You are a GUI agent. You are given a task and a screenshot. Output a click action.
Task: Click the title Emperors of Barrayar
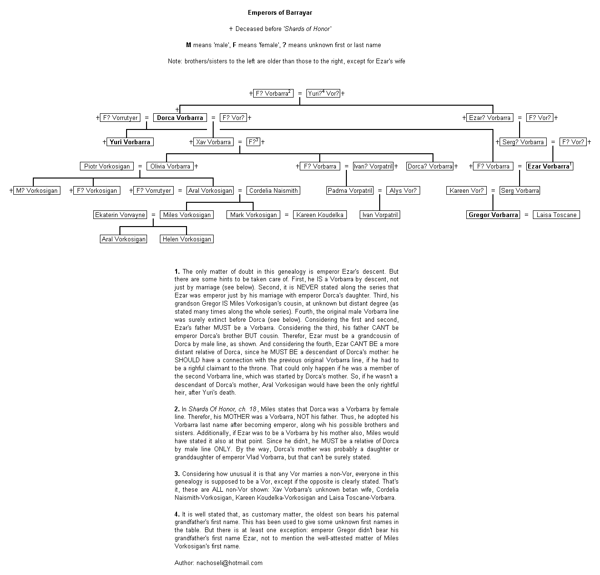[280, 12]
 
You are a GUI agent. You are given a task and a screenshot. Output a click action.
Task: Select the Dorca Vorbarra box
[180, 118]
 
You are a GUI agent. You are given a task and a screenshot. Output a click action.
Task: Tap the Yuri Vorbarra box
[130, 142]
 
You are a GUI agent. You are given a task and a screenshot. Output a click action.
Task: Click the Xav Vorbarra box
[213, 142]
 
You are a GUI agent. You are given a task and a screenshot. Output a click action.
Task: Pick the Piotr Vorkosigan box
[107, 166]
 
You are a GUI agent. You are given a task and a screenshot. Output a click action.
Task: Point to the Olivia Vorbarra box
[170, 166]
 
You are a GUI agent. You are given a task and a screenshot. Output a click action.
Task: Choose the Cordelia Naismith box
[273, 190]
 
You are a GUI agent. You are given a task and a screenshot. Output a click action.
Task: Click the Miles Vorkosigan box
[187, 215]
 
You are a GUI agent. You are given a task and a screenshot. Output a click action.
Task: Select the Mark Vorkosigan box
[253, 215]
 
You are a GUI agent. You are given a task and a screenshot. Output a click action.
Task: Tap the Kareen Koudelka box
[320, 215]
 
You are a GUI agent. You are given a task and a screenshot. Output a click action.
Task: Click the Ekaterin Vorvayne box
[120, 215]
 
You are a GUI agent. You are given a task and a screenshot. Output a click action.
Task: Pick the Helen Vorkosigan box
[187, 239]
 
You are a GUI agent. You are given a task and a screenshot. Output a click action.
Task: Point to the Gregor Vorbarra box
[493, 215]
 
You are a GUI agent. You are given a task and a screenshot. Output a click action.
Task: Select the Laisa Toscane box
[556, 215]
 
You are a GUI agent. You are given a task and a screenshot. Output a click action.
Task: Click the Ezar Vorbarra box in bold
[549, 166]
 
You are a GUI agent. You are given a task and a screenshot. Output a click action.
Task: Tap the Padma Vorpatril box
[350, 190]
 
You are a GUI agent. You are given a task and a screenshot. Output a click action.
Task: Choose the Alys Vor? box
[403, 190]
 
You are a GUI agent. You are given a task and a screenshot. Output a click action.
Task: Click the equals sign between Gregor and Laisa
[526, 215]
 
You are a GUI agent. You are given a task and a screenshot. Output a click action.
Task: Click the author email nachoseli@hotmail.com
[229, 563]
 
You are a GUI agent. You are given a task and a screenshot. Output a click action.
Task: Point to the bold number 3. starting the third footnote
[177, 474]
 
